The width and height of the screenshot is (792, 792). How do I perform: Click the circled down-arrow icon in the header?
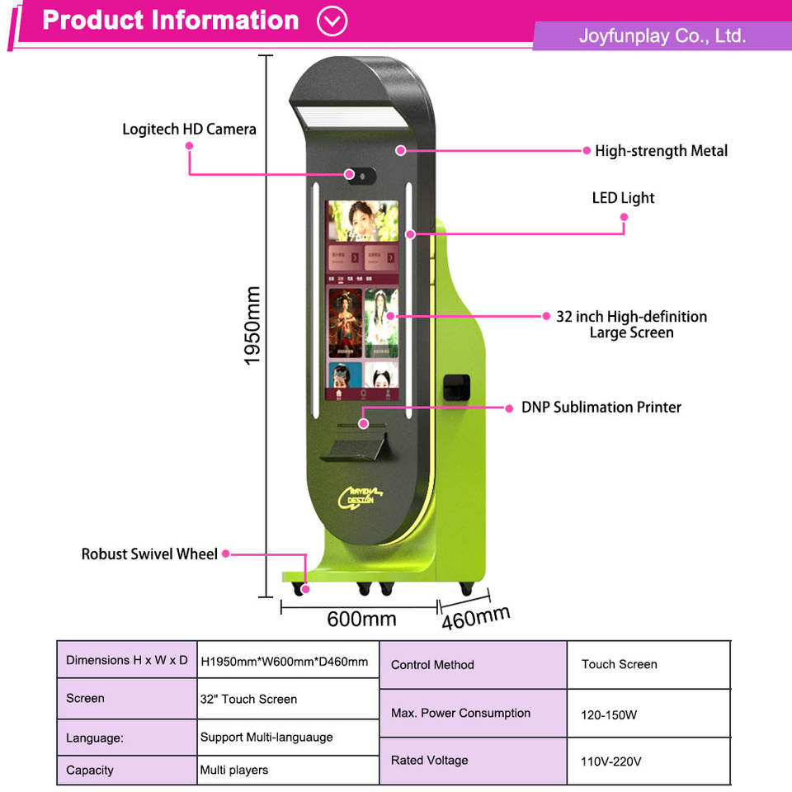[x=332, y=21]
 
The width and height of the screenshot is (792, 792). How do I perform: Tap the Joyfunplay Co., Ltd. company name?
[x=662, y=35]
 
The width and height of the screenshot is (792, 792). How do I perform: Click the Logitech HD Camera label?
[x=189, y=130]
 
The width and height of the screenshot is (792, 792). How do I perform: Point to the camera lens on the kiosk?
[x=350, y=175]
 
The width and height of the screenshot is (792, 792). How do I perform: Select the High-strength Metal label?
[x=661, y=151]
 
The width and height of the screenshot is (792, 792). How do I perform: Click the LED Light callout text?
[x=623, y=198]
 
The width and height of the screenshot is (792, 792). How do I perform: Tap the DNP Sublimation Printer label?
[x=601, y=408]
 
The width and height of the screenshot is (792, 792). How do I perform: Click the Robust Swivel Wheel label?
[x=149, y=554]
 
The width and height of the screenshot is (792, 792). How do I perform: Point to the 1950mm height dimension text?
[x=253, y=327]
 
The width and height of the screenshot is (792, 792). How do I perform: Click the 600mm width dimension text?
[x=361, y=619]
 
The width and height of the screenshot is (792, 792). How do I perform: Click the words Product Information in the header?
[x=171, y=21]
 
